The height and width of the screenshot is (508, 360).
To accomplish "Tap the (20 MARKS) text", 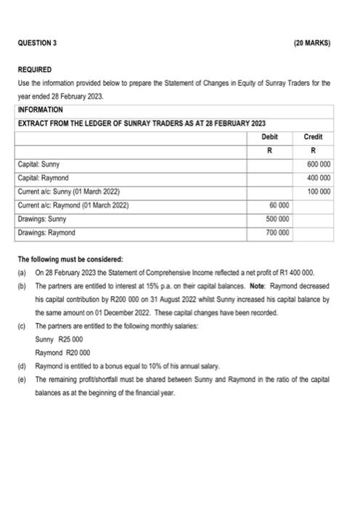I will [x=312, y=43].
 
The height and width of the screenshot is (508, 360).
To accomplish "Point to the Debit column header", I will [x=269, y=136].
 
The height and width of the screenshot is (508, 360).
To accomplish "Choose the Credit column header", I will [x=314, y=136].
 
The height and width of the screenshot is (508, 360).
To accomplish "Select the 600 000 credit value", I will [x=317, y=164].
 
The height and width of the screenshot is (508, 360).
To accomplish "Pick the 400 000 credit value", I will [x=317, y=178].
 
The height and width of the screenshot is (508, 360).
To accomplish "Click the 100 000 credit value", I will [x=317, y=192].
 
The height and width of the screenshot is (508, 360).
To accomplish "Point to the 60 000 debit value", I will [x=279, y=205].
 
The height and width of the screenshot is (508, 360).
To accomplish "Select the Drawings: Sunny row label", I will [x=44, y=219].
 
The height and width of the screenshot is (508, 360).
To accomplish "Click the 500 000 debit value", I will [x=277, y=219].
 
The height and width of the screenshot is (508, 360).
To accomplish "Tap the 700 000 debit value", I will [x=277, y=233].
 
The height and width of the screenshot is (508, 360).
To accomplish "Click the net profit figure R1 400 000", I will [x=288, y=272].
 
